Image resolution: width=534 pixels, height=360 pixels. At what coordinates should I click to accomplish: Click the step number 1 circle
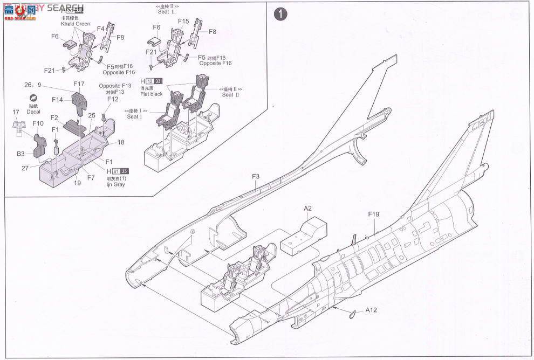(279, 13)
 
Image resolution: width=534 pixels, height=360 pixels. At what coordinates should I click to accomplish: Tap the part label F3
(255, 176)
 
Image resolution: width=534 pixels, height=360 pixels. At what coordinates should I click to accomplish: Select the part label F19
(374, 214)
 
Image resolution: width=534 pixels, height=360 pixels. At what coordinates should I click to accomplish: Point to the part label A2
(308, 209)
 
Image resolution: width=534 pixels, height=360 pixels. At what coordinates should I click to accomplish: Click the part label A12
(371, 310)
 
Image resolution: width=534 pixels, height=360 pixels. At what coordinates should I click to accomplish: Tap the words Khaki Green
(74, 24)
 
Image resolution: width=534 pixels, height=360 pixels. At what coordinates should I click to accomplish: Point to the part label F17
(79, 84)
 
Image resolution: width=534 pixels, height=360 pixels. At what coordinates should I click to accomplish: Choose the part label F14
(58, 99)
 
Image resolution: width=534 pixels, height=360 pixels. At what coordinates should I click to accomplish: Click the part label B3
(20, 154)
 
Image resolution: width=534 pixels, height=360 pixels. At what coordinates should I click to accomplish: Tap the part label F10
(38, 123)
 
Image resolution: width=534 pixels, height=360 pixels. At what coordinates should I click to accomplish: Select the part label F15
(183, 21)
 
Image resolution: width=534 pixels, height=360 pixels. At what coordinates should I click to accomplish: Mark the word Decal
(33, 112)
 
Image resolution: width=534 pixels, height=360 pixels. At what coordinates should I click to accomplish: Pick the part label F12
(112, 99)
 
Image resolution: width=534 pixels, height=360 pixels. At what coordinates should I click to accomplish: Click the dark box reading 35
(125, 171)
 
